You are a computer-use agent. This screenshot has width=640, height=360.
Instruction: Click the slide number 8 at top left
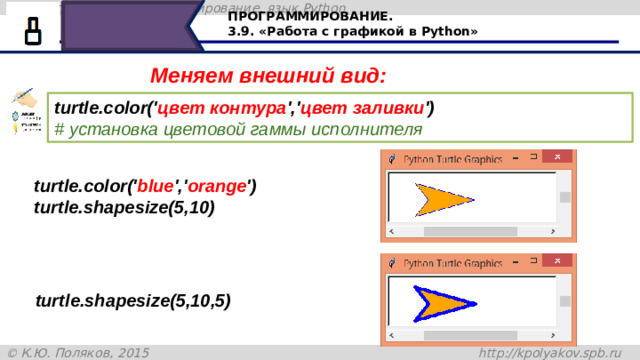pyautogui.click(x=33, y=31)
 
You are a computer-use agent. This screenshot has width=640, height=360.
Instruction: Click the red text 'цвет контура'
pyautogui.click(x=223, y=108)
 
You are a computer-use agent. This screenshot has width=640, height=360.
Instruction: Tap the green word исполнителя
pyautogui.click(x=366, y=130)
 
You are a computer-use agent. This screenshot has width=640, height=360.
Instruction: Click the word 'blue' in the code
pyautogui.click(x=155, y=186)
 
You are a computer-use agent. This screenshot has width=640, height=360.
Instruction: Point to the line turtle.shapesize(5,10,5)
pyautogui.click(x=132, y=300)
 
